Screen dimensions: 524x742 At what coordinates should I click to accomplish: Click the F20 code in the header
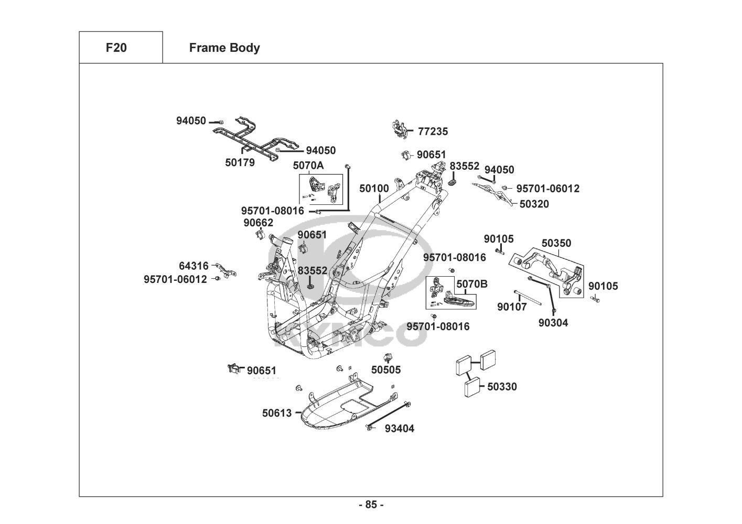tap(116, 48)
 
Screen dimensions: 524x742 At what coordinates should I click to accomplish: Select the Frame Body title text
tap(224, 48)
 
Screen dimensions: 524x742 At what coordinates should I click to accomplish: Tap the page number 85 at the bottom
tap(371, 505)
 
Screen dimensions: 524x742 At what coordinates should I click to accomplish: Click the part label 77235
tap(433, 132)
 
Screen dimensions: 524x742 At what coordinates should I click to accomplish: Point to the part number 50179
tap(240, 162)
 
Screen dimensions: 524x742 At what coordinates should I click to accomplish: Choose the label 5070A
tap(308, 166)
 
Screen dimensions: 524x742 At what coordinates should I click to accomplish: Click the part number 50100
tap(374, 189)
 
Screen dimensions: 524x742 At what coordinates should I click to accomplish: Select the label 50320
tap(534, 204)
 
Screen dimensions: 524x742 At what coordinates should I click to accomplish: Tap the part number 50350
tap(556, 243)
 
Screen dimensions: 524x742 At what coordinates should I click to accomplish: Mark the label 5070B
tap(472, 284)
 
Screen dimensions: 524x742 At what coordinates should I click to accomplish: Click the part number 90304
tap(553, 323)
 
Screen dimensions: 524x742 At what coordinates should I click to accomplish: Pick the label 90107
tap(512, 307)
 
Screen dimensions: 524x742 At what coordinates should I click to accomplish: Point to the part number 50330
tap(502, 387)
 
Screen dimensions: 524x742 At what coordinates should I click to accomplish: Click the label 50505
tap(386, 370)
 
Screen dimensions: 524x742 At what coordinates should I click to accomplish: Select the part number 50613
tap(277, 413)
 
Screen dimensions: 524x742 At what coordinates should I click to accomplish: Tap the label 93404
tap(400, 429)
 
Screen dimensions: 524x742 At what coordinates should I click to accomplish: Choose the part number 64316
tap(193, 266)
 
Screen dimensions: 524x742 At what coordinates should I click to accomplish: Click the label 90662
tap(258, 223)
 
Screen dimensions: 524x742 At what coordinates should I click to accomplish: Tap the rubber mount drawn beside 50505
tap(389, 358)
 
